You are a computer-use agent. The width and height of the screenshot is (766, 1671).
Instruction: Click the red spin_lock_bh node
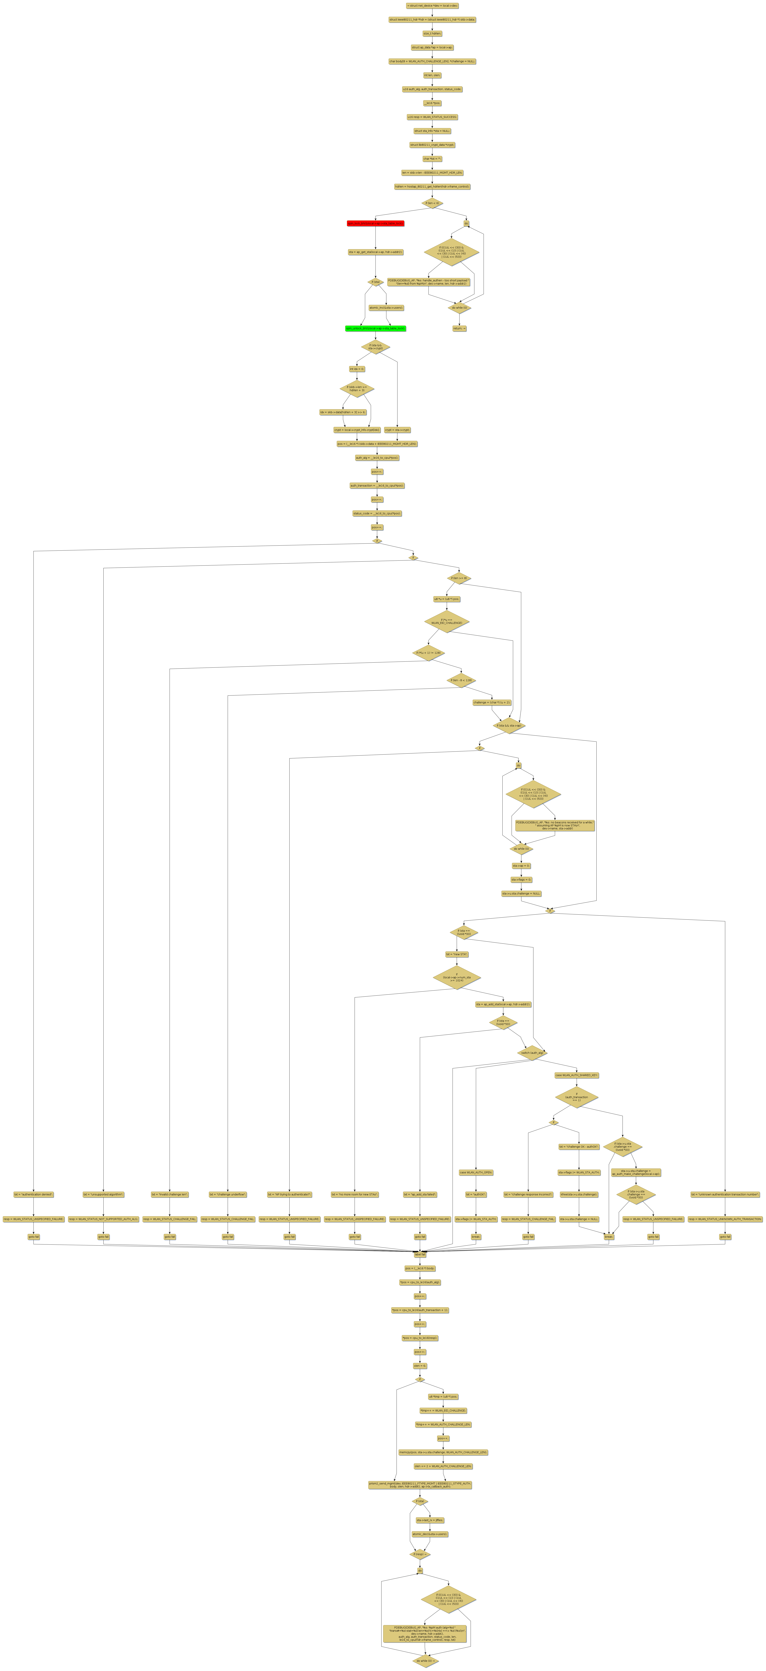(375, 223)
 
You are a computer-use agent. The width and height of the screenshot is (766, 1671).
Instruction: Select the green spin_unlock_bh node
(375, 328)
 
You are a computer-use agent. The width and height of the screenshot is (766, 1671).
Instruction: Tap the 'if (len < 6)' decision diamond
(432, 203)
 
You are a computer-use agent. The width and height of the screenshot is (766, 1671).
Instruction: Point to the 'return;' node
(459, 328)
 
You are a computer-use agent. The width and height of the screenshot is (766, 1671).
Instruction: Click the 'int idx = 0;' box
(357, 368)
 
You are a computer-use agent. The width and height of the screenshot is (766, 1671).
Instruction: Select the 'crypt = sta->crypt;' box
(398, 429)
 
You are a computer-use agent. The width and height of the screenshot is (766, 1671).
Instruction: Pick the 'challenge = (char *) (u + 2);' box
(492, 702)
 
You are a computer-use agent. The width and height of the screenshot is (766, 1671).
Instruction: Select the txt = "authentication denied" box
(34, 1194)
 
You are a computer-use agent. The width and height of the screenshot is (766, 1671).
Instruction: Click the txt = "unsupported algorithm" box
(103, 1194)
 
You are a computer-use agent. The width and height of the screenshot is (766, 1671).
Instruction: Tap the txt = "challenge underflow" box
(228, 1194)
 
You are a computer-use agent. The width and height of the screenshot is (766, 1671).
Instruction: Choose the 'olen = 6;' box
(420, 1365)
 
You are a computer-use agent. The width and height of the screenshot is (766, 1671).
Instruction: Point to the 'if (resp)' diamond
(420, 1554)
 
